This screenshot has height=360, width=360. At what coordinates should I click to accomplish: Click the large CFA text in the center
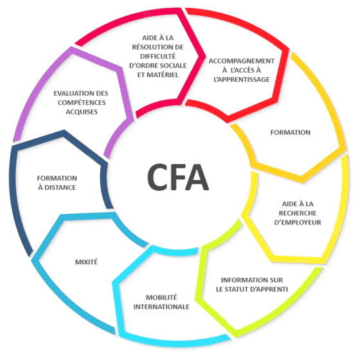[x=178, y=177]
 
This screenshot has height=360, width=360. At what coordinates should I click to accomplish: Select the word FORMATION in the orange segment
[x=290, y=132]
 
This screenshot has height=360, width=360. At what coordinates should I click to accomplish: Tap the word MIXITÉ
[x=86, y=262]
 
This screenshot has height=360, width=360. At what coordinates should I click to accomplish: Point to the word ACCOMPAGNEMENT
[x=242, y=61]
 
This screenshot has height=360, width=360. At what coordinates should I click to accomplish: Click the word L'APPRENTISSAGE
[x=242, y=80]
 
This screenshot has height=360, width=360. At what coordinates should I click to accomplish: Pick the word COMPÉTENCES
[x=82, y=102]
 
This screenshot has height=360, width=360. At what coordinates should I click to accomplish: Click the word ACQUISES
[x=82, y=112]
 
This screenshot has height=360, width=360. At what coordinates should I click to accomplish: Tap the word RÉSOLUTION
[x=150, y=47]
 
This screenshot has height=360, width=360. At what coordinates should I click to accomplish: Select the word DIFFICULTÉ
[x=157, y=57]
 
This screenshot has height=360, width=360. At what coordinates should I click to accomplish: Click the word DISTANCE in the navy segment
[x=60, y=188]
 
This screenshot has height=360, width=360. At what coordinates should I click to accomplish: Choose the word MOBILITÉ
[x=161, y=297]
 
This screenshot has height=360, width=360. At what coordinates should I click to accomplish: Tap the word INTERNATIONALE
[x=161, y=307]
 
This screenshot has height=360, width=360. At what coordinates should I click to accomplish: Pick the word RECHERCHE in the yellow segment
[x=298, y=213]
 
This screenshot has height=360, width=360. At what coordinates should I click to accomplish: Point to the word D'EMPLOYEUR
[x=298, y=222]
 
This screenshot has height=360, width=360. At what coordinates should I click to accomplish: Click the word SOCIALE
[x=174, y=66]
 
